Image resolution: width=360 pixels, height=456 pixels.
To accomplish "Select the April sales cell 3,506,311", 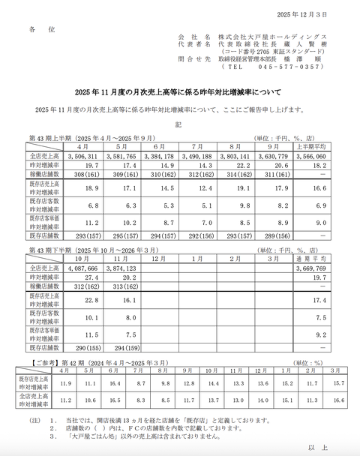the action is (x=82, y=155).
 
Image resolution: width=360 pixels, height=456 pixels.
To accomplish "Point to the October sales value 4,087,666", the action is (x=82, y=267).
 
